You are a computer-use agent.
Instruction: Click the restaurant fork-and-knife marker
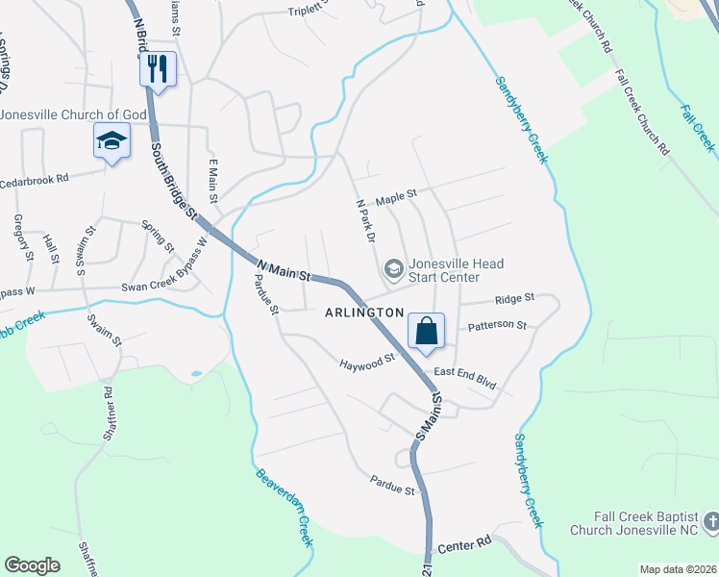[x=158, y=69]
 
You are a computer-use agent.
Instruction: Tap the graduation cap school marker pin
[x=112, y=141]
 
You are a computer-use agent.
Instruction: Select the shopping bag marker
[x=426, y=331]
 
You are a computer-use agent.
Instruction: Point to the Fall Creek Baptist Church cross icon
[x=710, y=522]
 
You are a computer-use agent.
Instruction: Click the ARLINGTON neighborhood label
[x=364, y=313]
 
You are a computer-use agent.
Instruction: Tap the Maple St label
[x=396, y=194]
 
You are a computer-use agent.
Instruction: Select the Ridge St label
[x=515, y=300]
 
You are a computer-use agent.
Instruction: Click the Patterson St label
[x=497, y=326]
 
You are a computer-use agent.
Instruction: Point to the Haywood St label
[x=367, y=363]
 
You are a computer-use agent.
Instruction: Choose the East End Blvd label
[x=464, y=378]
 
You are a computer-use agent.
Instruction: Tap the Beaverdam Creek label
[x=285, y=507]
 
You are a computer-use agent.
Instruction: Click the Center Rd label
[x=464, y=545]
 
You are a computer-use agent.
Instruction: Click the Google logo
[x=32, y=565]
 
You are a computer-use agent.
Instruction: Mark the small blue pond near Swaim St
[x=196, y=373]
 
